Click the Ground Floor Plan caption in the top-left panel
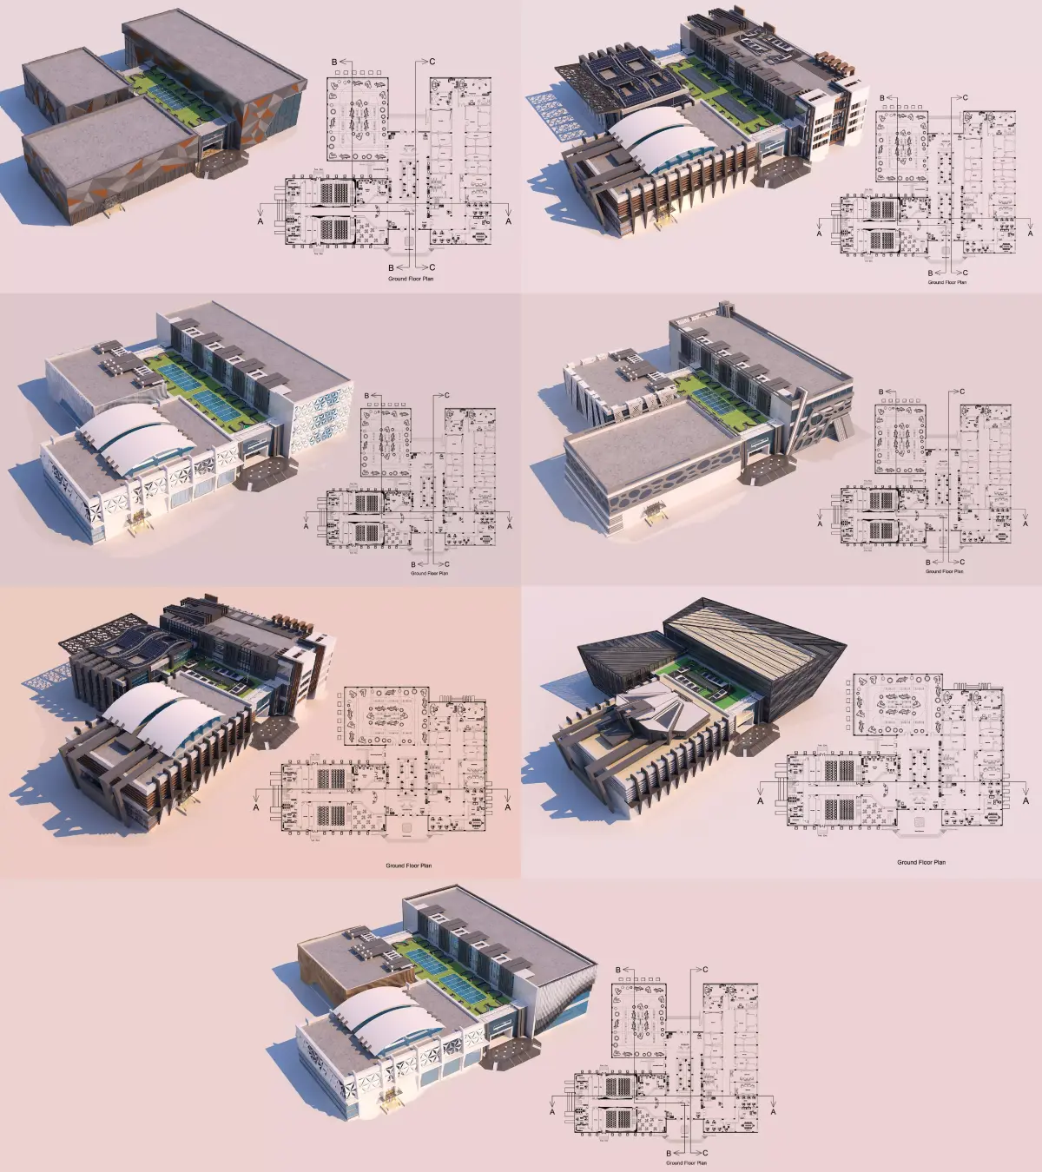[x=411, y=279]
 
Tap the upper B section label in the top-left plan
[x=334, y=63]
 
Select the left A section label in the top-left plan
[x=260, y=221]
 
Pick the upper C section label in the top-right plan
[x=965, y=98]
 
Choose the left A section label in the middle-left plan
[x=306, y=526]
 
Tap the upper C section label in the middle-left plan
[x=447, y=396]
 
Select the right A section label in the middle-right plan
[x=1031, y=524]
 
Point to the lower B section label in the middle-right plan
[x=927, y=563]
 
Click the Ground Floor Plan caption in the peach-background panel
[x=408, y=866]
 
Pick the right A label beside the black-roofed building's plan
[x=1026, y=801]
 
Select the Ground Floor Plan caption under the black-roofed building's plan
[x=921, y=862]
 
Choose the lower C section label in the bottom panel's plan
[x=705, y=1154]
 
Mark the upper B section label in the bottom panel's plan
[x=618, y=970]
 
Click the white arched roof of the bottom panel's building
[x=382, y=1016]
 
